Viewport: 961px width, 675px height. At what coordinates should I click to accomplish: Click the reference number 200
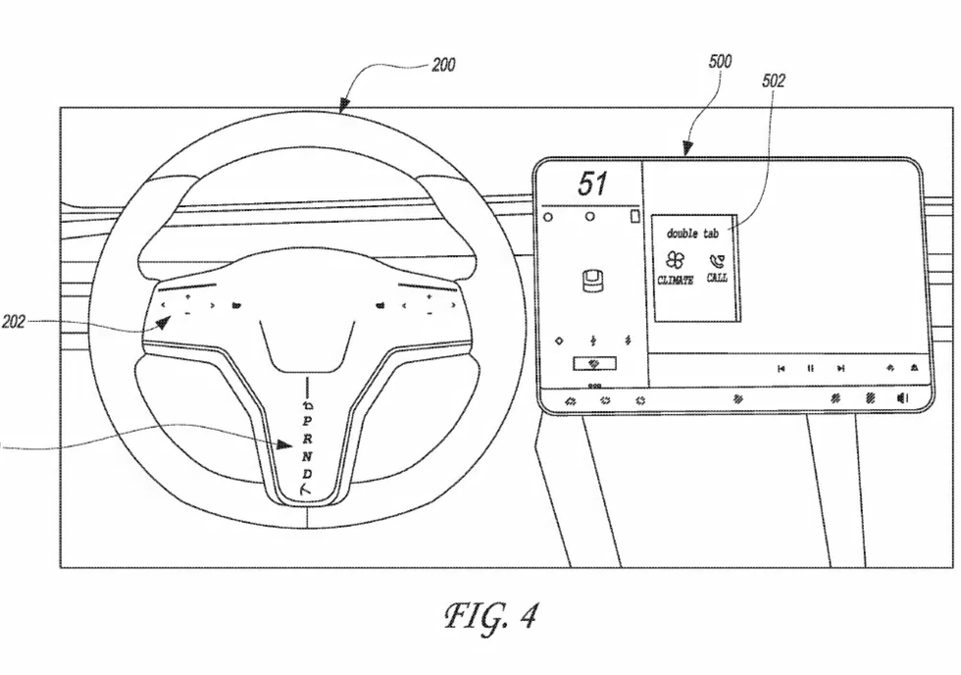(443, 66)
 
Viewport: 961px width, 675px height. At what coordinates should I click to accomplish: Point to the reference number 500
(720, 61)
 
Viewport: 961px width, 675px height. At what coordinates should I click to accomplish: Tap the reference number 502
(774, 81)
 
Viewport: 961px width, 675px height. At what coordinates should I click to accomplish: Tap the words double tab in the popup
(692, 234)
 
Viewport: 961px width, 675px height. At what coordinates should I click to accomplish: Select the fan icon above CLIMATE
(675, 260)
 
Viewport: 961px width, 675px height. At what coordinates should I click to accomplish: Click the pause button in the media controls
(810, 369)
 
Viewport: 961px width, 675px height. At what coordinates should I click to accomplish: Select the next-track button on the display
(840, 369)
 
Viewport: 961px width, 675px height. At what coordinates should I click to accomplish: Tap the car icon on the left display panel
(591, 280)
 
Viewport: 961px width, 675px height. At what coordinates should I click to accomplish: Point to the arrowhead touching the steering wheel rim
(343, 109)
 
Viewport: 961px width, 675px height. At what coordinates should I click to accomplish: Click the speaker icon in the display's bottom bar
(902, 398)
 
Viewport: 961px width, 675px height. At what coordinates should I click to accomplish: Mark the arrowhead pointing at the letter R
(287, 443)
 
